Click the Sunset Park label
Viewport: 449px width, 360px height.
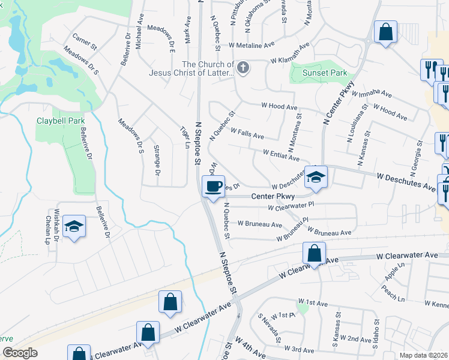tap(327, 73)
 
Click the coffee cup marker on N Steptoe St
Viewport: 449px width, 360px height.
tap(212, 187)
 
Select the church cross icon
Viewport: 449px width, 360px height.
tap(243, 67)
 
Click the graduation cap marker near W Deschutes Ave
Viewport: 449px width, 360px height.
tap(315, 176)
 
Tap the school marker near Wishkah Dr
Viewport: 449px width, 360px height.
tap(74, 226)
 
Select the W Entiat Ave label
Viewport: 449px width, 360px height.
tap(280, 155)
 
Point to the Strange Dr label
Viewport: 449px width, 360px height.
tap(157, 160)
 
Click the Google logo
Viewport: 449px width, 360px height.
tap(20, 353)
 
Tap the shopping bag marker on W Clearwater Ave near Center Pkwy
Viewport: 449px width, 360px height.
tap(314, 253)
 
